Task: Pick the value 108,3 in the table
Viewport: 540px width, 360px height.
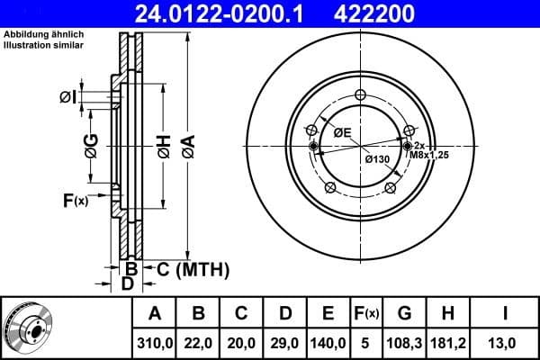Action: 404,343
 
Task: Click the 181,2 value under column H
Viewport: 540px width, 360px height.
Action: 447,343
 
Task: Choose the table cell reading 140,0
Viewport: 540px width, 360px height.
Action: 328,343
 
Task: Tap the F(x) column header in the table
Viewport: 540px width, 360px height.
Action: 367,314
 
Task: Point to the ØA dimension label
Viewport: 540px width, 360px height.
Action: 187,144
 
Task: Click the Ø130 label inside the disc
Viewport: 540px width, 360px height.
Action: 376,159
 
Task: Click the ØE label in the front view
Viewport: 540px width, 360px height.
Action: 342,132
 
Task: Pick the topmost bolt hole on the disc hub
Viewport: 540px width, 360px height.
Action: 360,96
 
